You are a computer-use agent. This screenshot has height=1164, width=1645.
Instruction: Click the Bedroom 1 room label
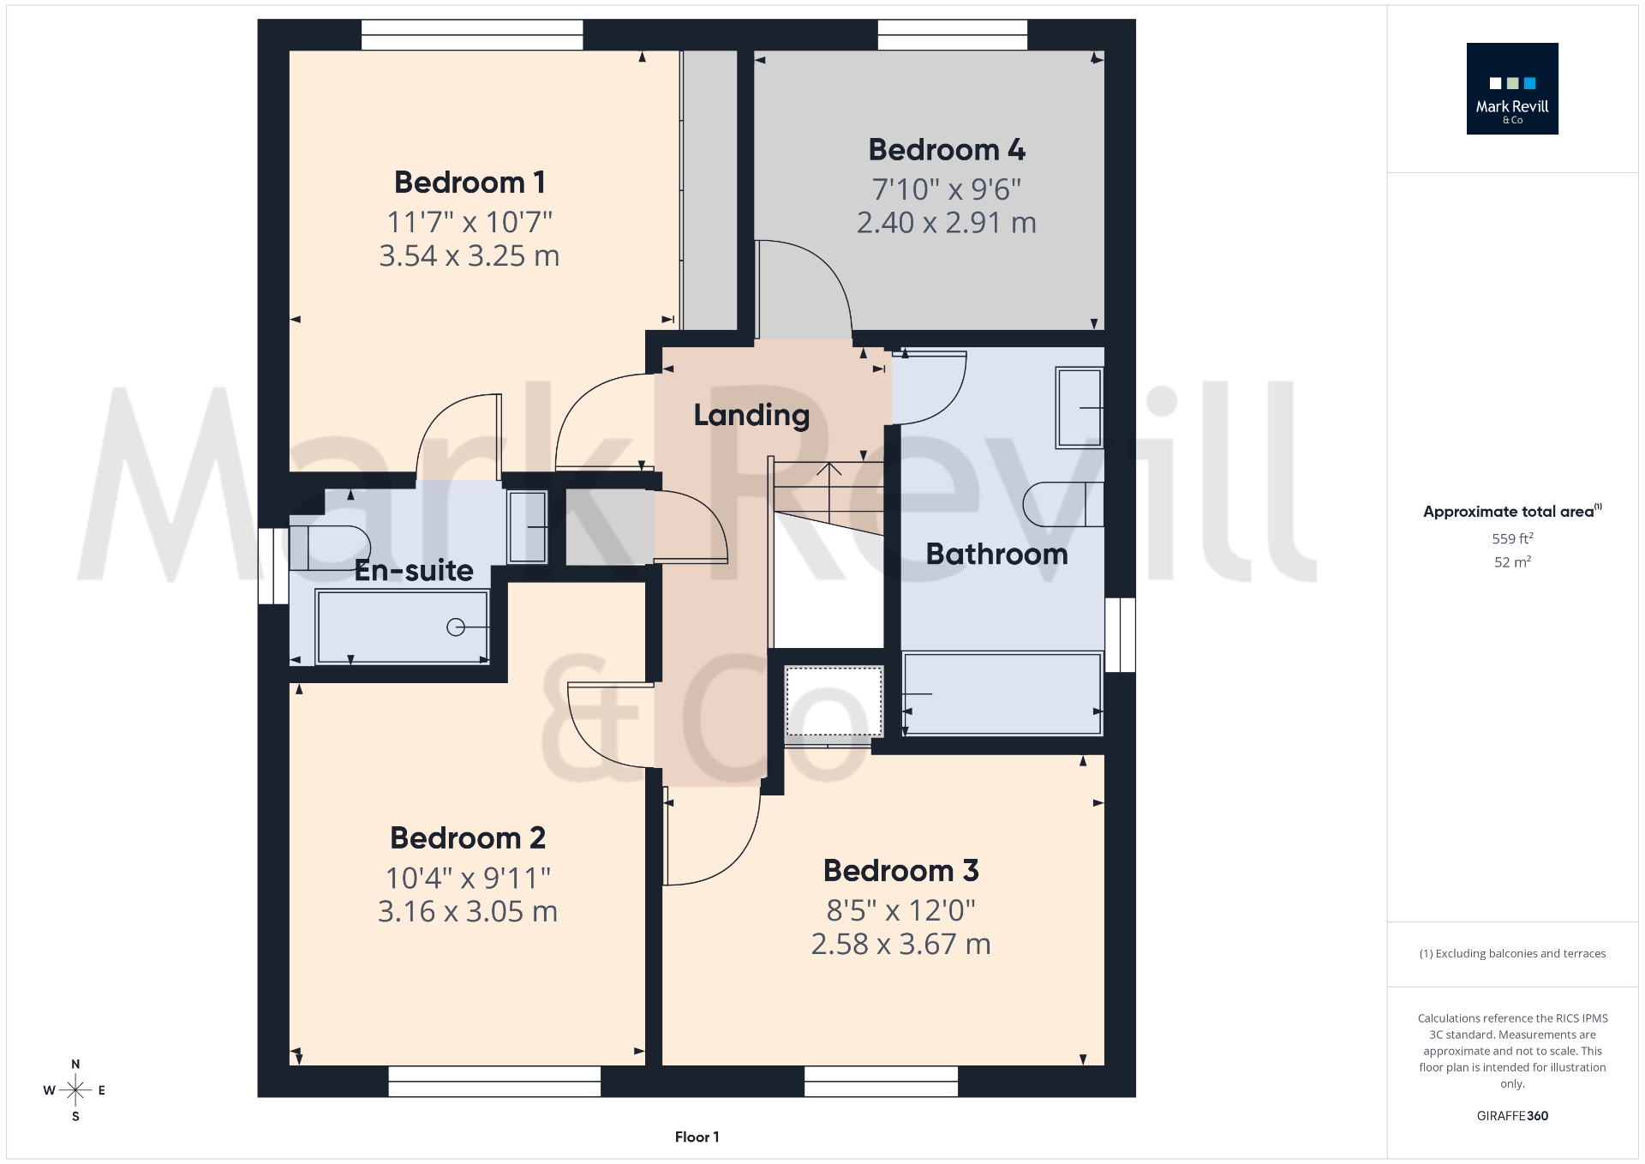tap(470, 183)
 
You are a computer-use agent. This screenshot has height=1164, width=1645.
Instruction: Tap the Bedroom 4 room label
tap(947, 150)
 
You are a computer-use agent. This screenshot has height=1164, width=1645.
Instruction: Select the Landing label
tap(751, 415)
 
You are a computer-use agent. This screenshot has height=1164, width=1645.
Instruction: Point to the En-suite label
tap(414, 571)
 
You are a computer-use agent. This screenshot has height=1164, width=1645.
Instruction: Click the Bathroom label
tap(996, 555)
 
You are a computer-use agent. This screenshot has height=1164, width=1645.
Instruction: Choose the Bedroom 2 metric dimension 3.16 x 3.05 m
tap(468, 911)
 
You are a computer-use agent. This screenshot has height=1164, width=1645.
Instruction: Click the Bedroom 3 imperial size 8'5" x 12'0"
tap(900, 910)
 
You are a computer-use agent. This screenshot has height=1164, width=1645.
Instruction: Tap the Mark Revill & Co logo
tap(1512, 89)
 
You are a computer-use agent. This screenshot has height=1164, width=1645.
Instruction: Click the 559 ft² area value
tap(1512, 539)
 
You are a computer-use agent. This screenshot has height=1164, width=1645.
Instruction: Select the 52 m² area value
tap(1512, 562)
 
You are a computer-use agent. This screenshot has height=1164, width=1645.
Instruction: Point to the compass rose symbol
tap(75, 1090)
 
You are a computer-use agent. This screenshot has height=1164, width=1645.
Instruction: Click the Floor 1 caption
tap(697, 1137)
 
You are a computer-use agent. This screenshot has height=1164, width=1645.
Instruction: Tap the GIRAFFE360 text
tap(1512, 1116)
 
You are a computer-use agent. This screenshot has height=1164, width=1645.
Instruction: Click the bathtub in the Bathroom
tap(1002, 693)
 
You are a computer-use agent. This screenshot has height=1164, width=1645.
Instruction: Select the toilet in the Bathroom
tap(1062, 504)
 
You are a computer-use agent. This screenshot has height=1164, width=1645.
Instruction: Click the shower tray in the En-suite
tap(402, 627)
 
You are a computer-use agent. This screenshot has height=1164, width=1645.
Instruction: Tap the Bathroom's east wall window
tap(1120, 634)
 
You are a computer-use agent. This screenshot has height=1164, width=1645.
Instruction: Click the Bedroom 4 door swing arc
tap(814, 274)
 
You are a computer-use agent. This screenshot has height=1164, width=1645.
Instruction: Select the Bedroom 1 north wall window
tap(472, 35)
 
